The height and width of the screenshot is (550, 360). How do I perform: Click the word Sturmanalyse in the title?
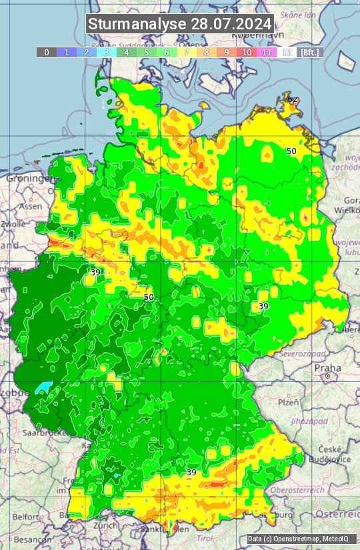pos(137,24)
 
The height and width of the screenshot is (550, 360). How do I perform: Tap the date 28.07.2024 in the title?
pos(231,24)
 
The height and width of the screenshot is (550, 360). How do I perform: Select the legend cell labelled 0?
pos(47,52)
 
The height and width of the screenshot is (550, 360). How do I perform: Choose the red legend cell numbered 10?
pos(247,52)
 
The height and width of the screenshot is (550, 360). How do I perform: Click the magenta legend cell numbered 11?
pos(267,52)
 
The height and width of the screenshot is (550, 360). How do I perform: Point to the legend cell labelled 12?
pos(287,52)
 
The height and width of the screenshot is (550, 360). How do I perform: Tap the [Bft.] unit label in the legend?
pos(310,52)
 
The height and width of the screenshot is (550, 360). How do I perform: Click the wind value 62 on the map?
pos(293,99)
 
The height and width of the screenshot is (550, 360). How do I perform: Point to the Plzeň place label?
pos(288,403)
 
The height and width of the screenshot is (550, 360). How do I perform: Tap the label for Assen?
pos(30,207)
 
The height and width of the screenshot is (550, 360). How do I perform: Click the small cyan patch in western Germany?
pos(43,387)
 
